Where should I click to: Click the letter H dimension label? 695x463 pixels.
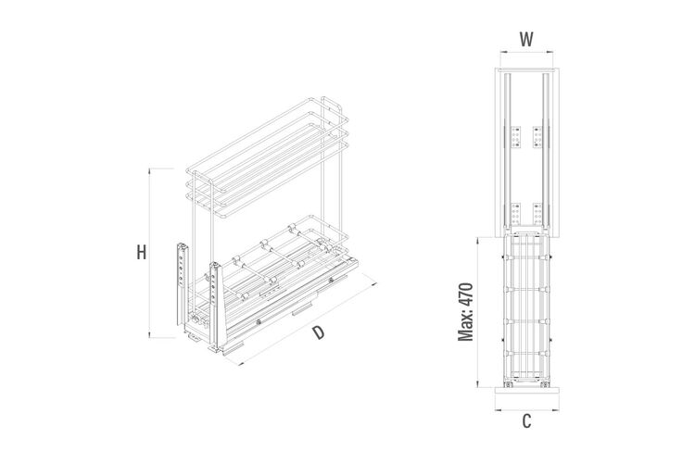142,253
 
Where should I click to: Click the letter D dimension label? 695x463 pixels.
318,332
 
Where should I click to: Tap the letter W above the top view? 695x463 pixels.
526,40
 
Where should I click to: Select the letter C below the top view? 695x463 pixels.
526,421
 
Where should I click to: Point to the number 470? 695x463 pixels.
466,294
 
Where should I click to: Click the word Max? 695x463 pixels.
466,326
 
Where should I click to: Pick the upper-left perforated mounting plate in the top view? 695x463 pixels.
515,137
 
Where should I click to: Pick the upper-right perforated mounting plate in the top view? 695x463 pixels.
537,137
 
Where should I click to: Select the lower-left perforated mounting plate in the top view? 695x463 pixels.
515,214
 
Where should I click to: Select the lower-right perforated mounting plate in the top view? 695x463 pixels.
537,214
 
